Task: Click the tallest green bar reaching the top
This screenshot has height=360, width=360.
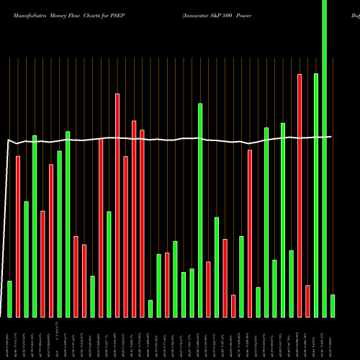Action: click(324, 158)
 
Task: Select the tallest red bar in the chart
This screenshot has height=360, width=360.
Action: click(300, 195)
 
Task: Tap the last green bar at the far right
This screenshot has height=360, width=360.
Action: click(333, 305)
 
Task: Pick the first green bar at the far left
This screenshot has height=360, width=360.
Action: click(9, 299)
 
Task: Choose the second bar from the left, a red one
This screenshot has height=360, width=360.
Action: click(18, 236)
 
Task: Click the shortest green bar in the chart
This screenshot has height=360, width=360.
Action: click(150, 308)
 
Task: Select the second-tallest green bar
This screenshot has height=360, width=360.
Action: click(316, 195)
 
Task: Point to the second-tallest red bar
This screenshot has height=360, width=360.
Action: click(117, 205)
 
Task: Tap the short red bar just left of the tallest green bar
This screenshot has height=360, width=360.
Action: click(307, 301)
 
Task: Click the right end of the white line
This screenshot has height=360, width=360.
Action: click(331, 136)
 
